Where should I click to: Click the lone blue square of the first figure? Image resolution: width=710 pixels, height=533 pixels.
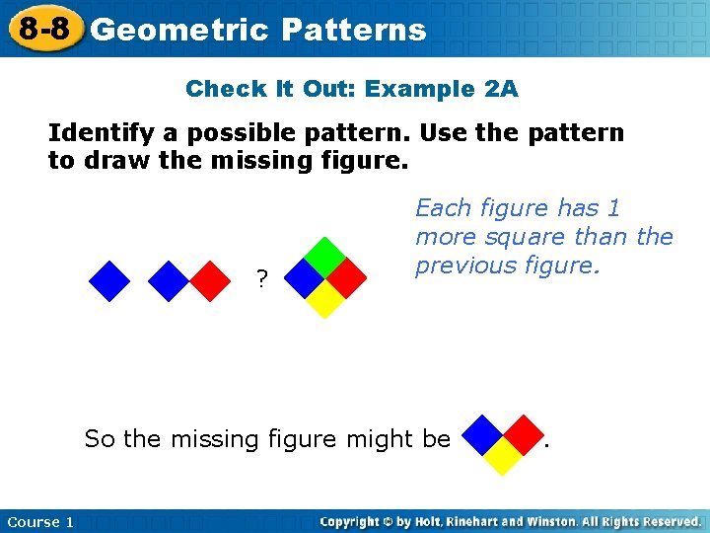click(x=109, y=280)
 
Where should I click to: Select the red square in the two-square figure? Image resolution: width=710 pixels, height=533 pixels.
click(x=208, y=280)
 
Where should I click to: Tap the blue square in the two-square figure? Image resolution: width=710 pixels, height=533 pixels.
click(x=169, y=280)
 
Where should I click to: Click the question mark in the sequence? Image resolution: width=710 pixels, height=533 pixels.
click(x=261, y=280)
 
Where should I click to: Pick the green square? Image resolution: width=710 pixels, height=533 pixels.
click(x=324, y=258)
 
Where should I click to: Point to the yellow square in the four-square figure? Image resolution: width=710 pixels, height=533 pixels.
click(x=324, y=299)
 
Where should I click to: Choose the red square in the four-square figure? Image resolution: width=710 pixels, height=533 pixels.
click(x=345, y=278)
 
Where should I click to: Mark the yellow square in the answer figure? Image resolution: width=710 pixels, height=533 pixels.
click(x=503, y=455)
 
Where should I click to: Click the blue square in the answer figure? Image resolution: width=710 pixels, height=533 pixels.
click(x=482, y=434)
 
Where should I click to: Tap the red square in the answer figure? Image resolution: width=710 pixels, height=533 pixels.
click(x=524, y=434)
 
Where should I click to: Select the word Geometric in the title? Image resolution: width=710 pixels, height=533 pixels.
click(x=178, y=30)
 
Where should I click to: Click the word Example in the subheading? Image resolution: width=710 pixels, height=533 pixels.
click(x=422, y=89)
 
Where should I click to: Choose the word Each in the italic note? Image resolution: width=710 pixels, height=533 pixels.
click(x=441, y=208)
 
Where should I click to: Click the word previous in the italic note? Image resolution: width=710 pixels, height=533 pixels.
click(x=461, y=266)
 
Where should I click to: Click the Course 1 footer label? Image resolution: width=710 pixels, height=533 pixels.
click(x=40, y=521)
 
